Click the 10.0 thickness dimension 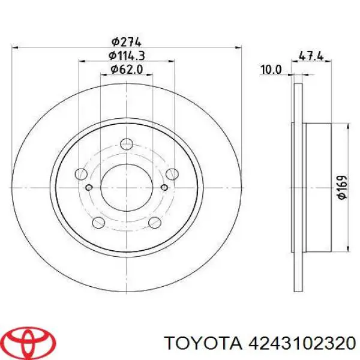(271, 70)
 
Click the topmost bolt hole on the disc (126, 144)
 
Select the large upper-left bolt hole (80, 175)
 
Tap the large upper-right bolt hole (171, 175)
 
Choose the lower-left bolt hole (98, 224)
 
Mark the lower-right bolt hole (154, 224)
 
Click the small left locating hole (89, 188)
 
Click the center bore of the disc (126, 185)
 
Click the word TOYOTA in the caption (205, 343)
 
